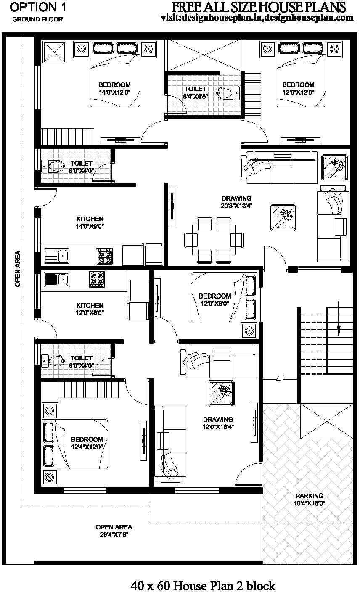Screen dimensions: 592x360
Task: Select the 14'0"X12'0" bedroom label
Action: coord(114,88)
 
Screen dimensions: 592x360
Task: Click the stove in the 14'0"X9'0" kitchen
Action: coord(105,256)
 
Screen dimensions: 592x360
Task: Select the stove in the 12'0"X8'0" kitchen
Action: coord(97,279)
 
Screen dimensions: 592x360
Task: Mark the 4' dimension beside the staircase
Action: coord(278,379)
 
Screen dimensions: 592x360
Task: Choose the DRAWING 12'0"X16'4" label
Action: coord(218,423)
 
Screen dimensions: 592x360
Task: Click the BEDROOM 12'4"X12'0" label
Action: coord(87,443)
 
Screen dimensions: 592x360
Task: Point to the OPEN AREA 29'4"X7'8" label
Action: coord(114,531)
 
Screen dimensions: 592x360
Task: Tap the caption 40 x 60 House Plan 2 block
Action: coord(203,585)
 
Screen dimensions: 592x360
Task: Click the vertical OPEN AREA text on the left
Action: coord(18,269)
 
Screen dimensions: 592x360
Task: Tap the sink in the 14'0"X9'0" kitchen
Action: coord(57,255)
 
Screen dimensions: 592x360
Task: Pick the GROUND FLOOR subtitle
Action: coord(37,19)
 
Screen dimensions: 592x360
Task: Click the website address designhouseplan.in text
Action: coord(257,18)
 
